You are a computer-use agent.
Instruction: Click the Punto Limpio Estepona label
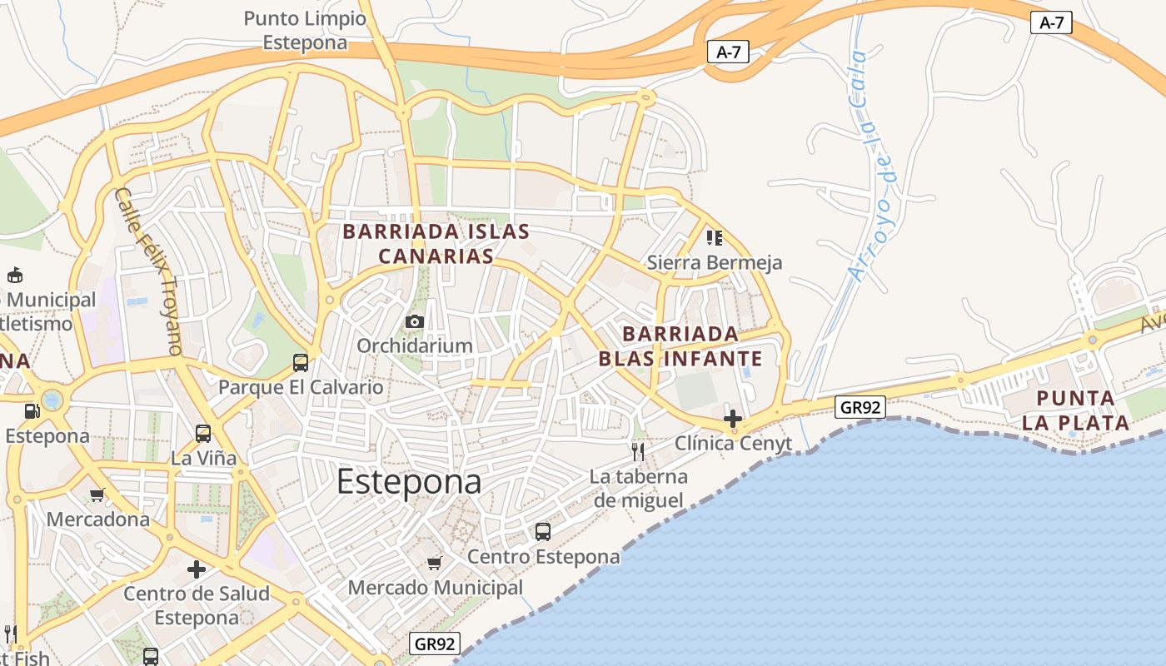pyautogui.click(x=305, y=31)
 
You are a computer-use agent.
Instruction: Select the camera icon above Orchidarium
pyautogui.click(x=414, y=321)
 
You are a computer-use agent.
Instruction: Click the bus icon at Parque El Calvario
pyautogui.click(x=301, y=363)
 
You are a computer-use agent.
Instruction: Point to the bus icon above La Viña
pyautogui.click(x=203, y=434)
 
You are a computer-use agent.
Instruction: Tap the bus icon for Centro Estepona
pyautogui.click(x=543, y=531)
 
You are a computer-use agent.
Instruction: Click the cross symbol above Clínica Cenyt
pyautogui.click(x=733, y=418)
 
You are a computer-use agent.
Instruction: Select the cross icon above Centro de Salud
pyautogui.click(x=197, y=569)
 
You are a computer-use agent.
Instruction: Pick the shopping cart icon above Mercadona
pyautogui.click(x=97, y=495)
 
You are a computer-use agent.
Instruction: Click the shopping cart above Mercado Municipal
pyautogui.click(x=434, y=564)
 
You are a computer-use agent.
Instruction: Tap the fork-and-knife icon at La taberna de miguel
pyautogui.click(x=638, y=452)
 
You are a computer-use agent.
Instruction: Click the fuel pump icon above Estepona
pyautogui.click(x=32, y=410)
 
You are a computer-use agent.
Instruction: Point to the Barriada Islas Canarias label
pyautogui.click(x=436, y=243)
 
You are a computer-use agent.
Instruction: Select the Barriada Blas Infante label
pyautogui.click(x=680, y=346)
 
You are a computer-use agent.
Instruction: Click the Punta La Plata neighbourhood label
pyautogui.click(x=1075, y=410)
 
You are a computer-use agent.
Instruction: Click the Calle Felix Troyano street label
pyautogui.click(x=148, y=271)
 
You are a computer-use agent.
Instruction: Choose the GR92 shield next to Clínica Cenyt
pyautogui.click(x=860, y=407)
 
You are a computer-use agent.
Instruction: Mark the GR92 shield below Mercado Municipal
pyautogui.click(x=435, y=644)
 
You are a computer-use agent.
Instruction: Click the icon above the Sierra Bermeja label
pyautogui.click(x=714, y=238)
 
